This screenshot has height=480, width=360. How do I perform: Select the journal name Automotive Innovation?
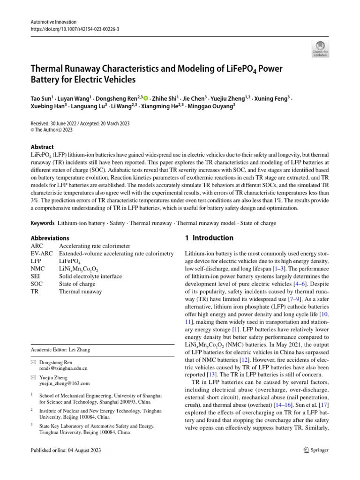[53, 22]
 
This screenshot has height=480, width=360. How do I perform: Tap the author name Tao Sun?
[41, 98]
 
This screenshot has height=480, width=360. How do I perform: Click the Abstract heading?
[42, 147]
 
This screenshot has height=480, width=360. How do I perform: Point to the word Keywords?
[43, 223]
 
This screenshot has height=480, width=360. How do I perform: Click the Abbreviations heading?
[50, 238]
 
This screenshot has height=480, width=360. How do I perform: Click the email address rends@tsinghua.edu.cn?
[63, 368]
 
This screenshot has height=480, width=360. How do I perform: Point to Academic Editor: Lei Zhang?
[60, 349]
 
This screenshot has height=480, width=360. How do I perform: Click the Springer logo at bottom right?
[316, 450]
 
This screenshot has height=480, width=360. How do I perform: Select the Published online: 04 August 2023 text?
[65, 450]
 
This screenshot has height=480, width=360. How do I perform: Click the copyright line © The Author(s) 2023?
[52, 130]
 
